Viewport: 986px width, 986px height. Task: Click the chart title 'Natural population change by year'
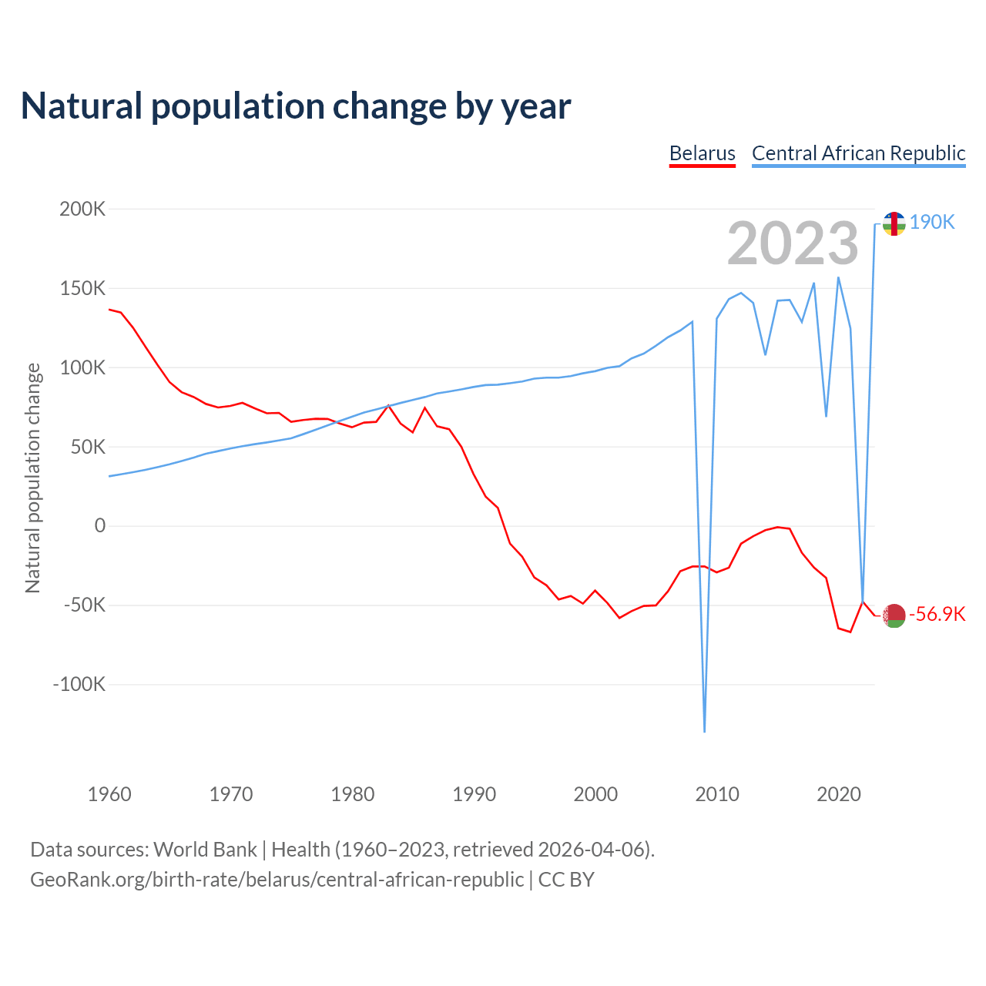pos(296,106)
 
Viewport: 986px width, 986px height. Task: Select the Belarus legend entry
pos(702,153)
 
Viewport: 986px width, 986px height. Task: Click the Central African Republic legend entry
pos(858,153)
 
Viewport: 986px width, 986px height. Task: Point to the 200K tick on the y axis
pos(82,209)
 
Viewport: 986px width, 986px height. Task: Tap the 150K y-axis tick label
pos(82,288)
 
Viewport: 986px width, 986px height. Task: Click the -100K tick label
pos(79,684)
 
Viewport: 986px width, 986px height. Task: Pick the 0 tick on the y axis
pos(99,526)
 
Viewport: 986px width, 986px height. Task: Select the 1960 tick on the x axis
pos(109,794)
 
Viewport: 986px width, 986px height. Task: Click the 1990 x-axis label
pos(474,794)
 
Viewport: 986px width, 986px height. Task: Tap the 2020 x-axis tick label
pos(838,794)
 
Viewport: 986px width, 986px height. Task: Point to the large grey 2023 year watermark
pos(793,243)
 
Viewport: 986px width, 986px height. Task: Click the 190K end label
pos(931,223)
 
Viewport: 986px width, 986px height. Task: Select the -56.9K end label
pos(937,614)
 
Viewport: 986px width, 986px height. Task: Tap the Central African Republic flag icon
pos(894,223)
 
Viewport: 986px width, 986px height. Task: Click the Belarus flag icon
pos(894,615)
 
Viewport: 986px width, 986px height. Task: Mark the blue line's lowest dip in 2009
pos(705,731)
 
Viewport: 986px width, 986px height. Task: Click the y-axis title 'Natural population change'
pos(33,478)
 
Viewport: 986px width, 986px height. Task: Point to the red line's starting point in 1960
pos(109,310)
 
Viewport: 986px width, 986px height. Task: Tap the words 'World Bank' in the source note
pos(205,850)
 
